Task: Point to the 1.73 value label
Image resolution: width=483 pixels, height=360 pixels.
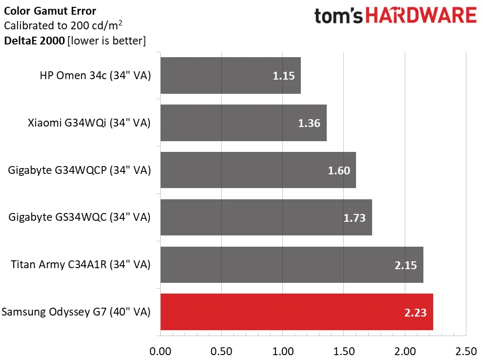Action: pos(355,218)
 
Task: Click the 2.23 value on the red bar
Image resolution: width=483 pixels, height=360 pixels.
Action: pos(416,313)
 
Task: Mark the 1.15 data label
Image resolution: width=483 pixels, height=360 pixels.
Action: pos(284,76)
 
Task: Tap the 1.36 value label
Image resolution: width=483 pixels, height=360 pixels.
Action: pos(309,123)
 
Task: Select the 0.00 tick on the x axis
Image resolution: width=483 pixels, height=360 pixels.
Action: pos(160,351)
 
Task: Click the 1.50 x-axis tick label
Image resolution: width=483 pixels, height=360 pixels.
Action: pos(344,351)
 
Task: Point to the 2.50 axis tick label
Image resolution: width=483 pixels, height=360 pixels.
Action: pos(465,351)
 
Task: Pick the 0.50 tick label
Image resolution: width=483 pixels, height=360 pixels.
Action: pos(221,351)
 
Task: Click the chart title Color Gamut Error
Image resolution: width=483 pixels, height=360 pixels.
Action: pos(50,11)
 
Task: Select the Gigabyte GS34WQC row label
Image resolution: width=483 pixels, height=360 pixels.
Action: pos(79,218)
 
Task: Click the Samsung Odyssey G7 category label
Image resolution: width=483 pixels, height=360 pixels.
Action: pos(76,312)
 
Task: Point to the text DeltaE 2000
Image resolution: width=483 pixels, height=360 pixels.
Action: pos(34,41)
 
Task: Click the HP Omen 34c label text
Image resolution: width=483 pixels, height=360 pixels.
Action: pos(95,76)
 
